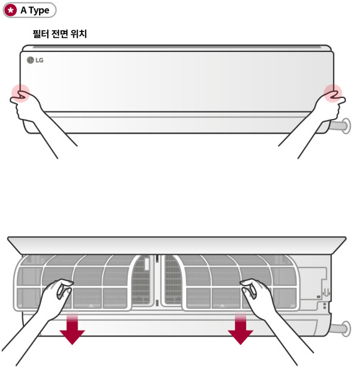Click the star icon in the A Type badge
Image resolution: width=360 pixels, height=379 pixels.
(x=11, y=10)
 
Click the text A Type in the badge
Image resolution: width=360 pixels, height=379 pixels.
(x=35, y=10)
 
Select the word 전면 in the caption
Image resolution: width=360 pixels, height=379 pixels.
(x=60, y=34)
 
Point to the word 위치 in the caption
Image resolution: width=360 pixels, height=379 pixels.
(x=78, y=34)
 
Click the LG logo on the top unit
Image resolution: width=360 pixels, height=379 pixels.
(x=35, y=60)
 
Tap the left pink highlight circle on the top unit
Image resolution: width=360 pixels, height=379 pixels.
(x=21, y=93)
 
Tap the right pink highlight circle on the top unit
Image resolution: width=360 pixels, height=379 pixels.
(x=333, y=93)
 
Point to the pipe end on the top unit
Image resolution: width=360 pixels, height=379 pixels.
(x=345, y=125)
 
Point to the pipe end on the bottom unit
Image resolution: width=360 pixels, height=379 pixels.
(x=345, y=328)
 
